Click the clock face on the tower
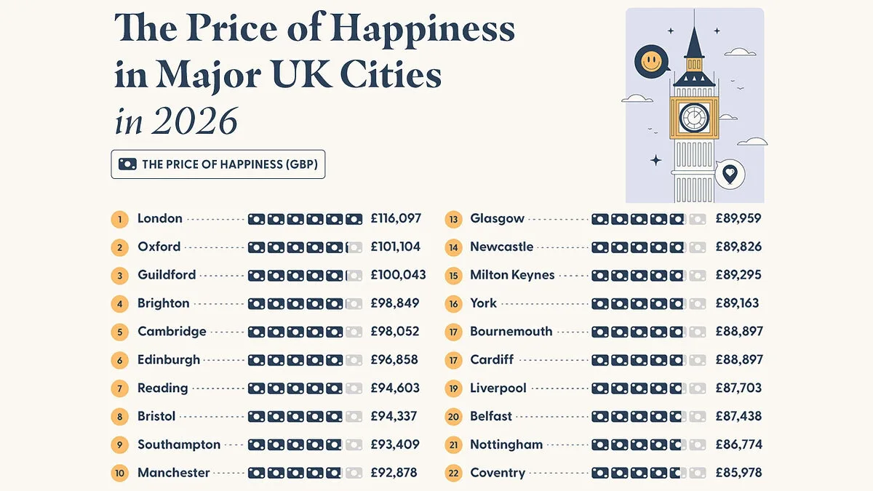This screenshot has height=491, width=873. click(x=694, y=118)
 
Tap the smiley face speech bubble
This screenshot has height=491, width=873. click(x=652, y=62)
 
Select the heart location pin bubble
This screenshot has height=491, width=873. click(x=730, y=174)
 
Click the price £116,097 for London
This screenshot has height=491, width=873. click(x=396, y=218)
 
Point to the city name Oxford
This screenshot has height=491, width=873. click(x=159, y=247)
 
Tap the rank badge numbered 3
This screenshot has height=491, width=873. click(x=119, y=276)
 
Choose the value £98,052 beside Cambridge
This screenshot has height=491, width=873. click(x=395, y=332)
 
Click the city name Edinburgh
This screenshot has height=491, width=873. click(x=169, y=359)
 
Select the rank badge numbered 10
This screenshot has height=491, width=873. click(x=119, y=474)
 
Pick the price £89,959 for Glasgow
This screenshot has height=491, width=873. click(x=738, y=218)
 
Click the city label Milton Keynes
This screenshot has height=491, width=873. click(x=512, y=275)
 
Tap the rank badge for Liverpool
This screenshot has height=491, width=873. click(x=453, y=389)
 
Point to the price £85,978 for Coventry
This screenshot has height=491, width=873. click(x=738, y=473)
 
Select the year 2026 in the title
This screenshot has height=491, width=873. click(x=194, y=121)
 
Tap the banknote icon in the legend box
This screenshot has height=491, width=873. click(x=127, y=164)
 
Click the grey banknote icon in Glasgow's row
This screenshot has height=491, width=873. click(x=697, y=220)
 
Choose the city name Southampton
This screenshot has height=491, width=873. click(x=179, y=444)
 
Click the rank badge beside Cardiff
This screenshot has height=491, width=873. click(x=453, y=361)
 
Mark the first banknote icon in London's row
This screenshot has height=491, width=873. click(x=256, y=220)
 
